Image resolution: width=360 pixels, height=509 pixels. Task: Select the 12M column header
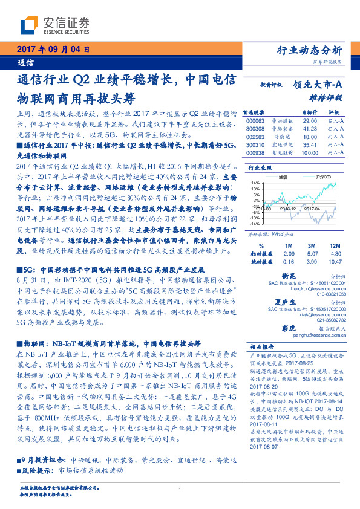(x=334, y=245)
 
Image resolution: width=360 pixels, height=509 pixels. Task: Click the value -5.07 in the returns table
(x=312, y=254)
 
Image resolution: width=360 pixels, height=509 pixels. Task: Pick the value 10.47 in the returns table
(x=334, y=261)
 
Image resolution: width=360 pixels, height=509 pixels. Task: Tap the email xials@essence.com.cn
(x=321, y=315)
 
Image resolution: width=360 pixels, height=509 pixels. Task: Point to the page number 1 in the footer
(x=180, y=490)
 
